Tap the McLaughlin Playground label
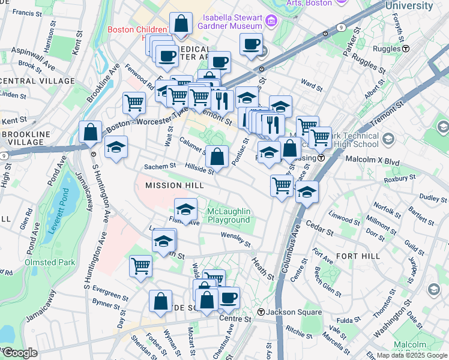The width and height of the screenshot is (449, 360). [x=228, y=215]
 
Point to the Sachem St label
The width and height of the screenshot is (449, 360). [x=160, y=166]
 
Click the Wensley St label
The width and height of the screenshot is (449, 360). [x=235, y=239]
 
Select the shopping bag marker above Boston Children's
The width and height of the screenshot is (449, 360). [x=181, y=25]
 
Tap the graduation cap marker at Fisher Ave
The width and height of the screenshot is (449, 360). [x=186, y=209]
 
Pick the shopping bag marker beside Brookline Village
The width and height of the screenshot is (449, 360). [x=90, y=132]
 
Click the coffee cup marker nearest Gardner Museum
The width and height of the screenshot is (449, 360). [x=251, y=43]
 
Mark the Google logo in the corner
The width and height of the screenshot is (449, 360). [x=19, y=353]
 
